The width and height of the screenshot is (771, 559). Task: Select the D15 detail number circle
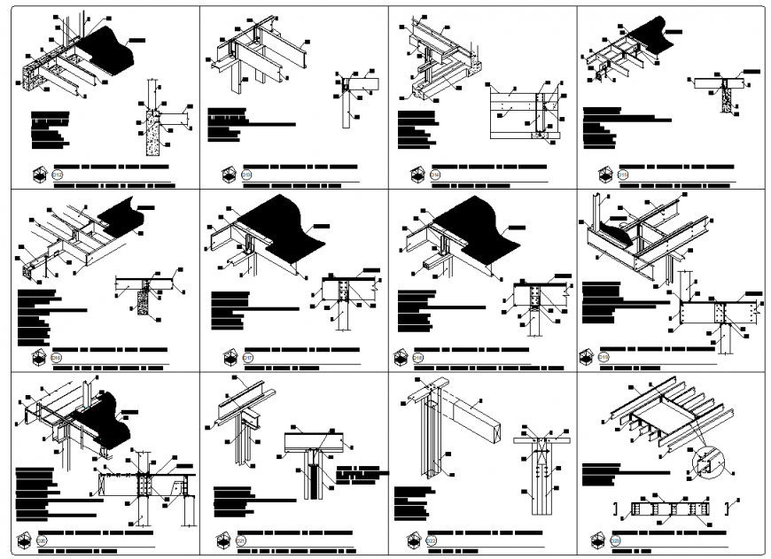[623, 175]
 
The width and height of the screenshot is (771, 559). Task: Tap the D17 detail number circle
[247, 358]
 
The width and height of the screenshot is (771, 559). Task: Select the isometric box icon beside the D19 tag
[586, 358]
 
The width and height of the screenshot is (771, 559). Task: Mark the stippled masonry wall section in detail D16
[142, 301]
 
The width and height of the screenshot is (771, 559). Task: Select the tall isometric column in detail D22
[428, 443]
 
